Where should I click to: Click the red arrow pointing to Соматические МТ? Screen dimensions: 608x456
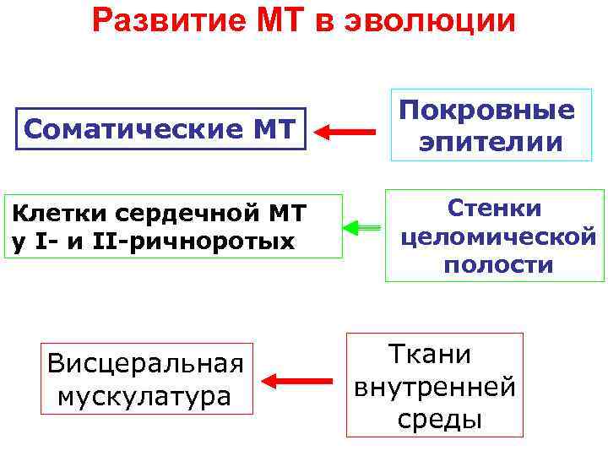(346, 132)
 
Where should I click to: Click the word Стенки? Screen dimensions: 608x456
(495, 207)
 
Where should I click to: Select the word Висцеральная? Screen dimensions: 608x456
(146, 364)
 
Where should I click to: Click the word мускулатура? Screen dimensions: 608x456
(144, 395)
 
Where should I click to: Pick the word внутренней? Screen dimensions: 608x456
(435, 387)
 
